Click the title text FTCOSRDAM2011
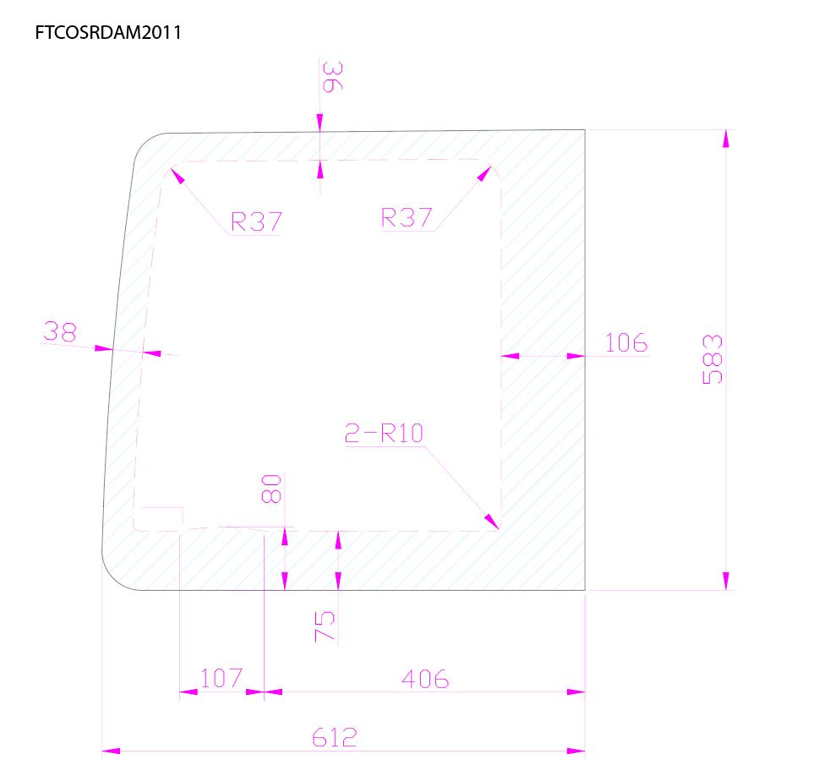pos(108,32)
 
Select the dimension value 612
pos(335,738)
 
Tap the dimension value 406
pos(425,680)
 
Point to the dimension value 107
pos(221,678)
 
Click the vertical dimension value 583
pos(713,359)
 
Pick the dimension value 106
pos(626,343)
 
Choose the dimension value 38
pos(60,332)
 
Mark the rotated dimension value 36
pos(333,77)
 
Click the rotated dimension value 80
pos(271,489)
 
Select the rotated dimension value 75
pos(325,626)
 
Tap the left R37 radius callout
pos(256,221)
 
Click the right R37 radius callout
pos(407,217)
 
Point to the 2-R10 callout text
pos(384,433)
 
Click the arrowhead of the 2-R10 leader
pos(492,522)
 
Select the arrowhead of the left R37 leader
pos(177,176)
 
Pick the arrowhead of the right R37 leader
pos(484,173)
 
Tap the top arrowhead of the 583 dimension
pos(725,139)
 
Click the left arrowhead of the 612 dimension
pos(111,751)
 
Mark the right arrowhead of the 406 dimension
pos(576,691)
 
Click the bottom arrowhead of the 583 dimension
pos(725,581)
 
